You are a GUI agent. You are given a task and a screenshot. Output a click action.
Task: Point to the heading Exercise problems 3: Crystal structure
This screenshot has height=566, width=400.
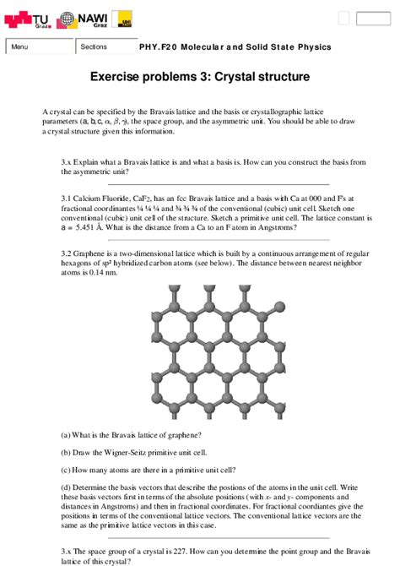coord(200,77)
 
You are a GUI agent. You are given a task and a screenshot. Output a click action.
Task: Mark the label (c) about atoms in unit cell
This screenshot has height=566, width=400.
coord(66,470)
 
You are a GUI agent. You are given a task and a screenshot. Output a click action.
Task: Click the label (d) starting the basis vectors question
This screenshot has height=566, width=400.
coord(66,487)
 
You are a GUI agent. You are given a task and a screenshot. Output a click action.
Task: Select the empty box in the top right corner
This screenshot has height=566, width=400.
coord(372,19)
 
